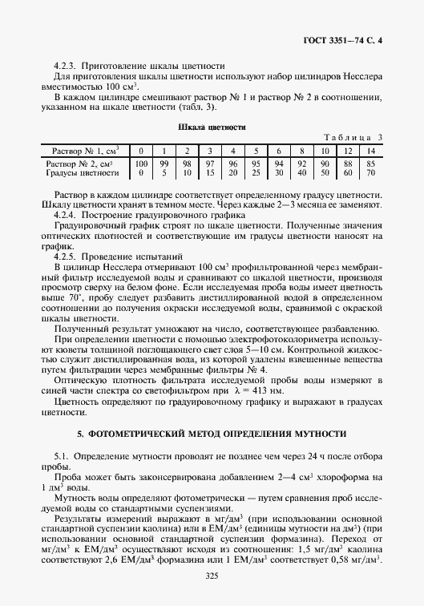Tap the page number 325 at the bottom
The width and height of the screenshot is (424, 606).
(x=212, y=576)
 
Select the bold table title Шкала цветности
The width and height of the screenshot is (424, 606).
(x=212, y=127)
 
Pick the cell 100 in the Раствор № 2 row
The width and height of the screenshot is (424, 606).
(x=141, y=163)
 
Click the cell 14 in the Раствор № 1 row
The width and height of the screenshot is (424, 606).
(x=370, y=150)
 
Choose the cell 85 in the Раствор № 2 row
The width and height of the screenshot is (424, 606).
(x=370, y=163)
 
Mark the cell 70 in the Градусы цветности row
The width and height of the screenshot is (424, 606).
(x=370, y=172)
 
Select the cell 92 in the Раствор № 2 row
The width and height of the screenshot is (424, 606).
(x=301, y=163)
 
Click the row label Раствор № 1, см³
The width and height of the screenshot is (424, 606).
(x=85, y=150)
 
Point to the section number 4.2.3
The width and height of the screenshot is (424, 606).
(x=66, y=65)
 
